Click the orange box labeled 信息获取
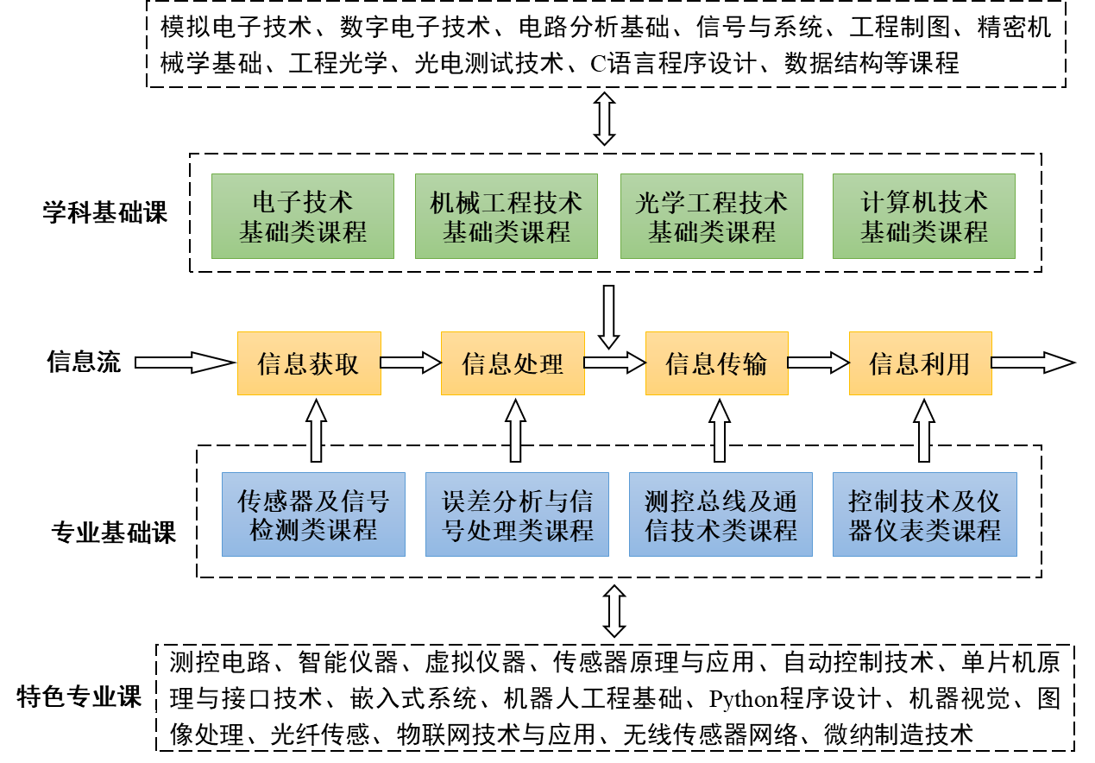coord(309,363)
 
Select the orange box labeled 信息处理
coord(513,363)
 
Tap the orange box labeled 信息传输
coord(716,363)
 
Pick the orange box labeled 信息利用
coord(920,363)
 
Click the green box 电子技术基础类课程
coord(303,217)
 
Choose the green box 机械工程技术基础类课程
coord(507,217)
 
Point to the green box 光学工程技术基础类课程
coord(712,217)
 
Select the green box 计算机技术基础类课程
coord(924,217)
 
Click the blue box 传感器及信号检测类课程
coord(313,515)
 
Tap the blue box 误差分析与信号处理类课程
coord(517,515)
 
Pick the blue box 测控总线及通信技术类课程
coord(721,515)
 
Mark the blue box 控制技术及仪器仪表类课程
coord(925,515)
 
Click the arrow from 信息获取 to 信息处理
coord(411,363)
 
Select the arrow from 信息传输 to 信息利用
coord(818,363)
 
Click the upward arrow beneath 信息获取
coord(316,434)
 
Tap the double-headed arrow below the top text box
coord(604,119)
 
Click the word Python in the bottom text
coord(744,698)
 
